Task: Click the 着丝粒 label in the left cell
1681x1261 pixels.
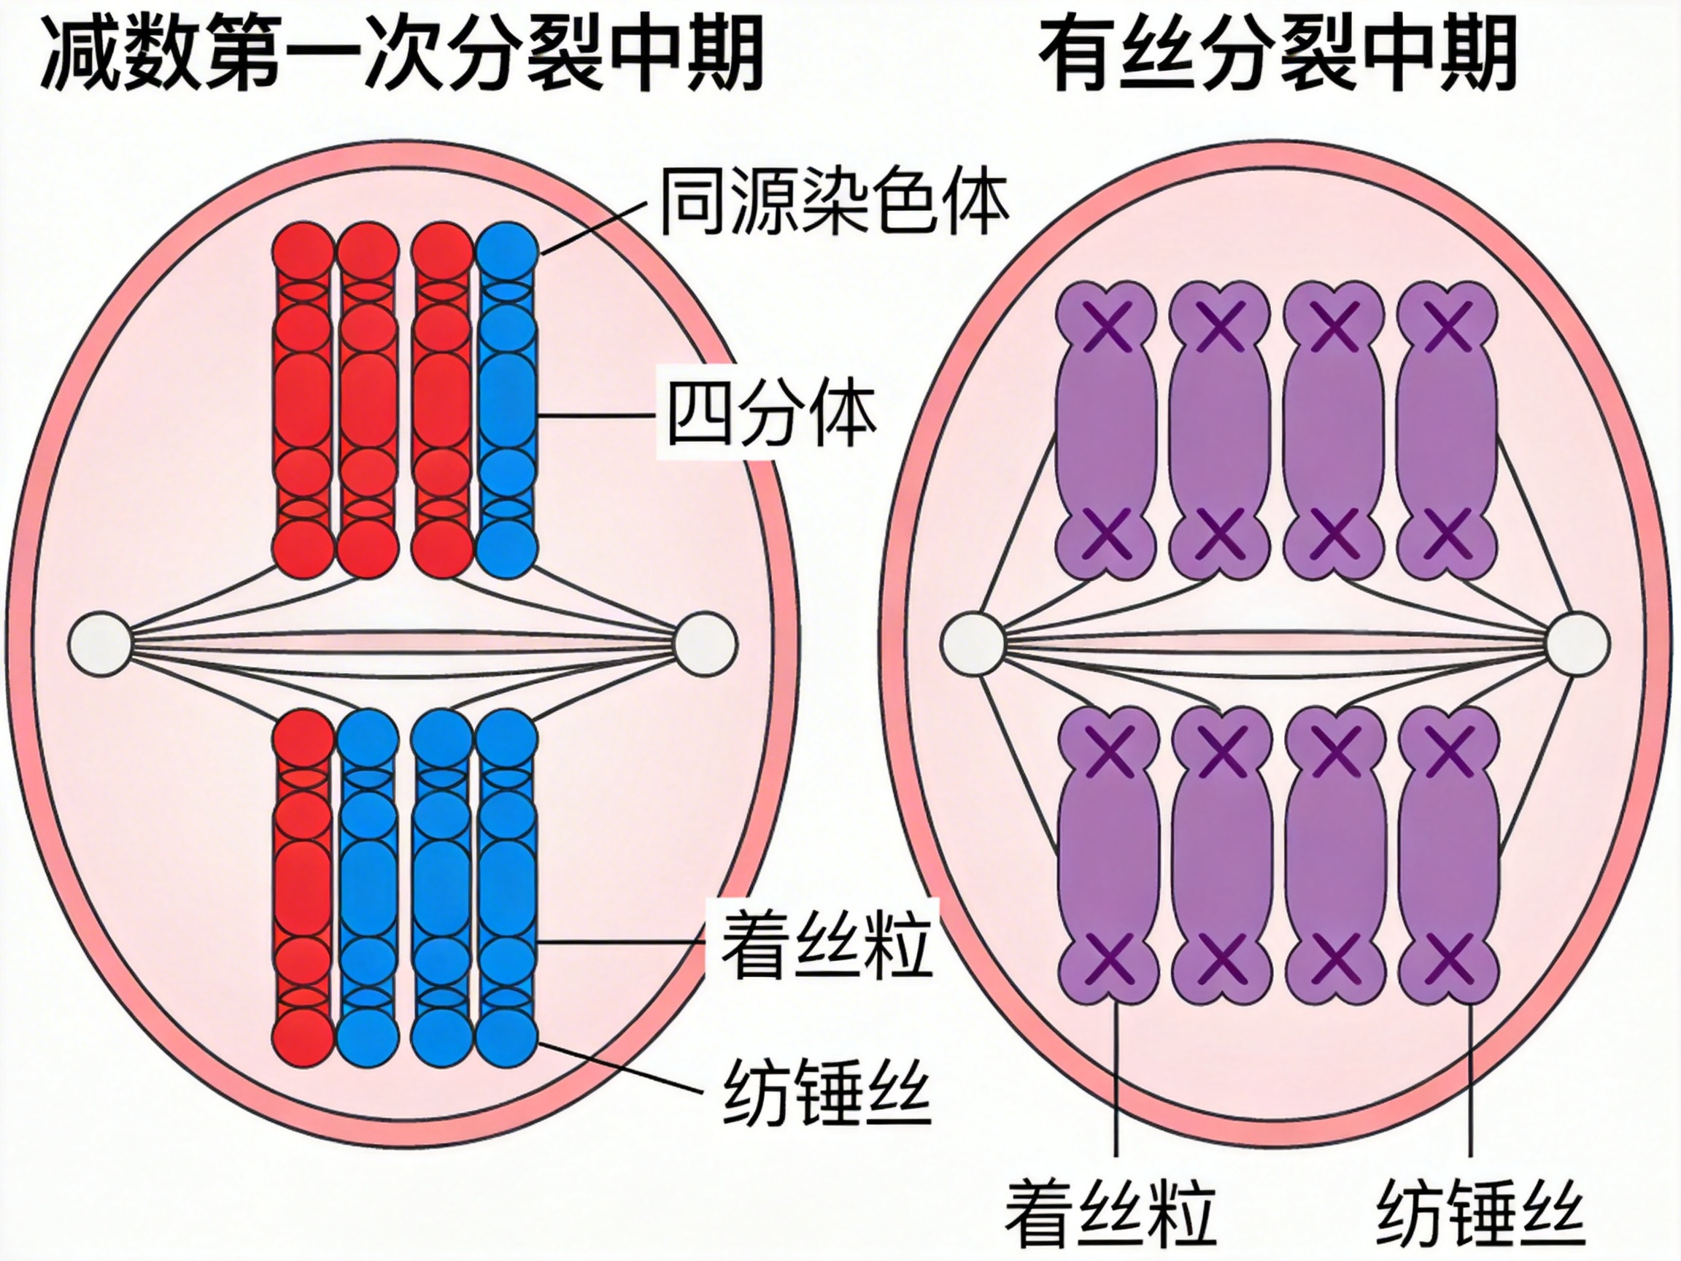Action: (825, 944)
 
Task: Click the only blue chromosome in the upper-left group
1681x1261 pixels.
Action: (507, 399)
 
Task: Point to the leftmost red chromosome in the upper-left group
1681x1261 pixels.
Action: (304, 399)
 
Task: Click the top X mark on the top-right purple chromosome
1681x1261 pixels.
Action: (1447, 326)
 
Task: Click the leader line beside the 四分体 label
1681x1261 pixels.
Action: (597, 416)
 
